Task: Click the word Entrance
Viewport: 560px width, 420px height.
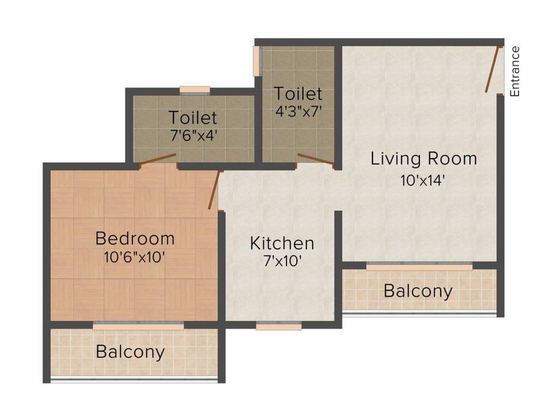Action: click(515, 72)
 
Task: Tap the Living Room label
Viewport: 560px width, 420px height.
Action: click(424, 159)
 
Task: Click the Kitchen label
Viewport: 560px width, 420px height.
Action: click(282, 243)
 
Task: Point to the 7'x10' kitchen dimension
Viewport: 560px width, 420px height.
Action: click(282, 261)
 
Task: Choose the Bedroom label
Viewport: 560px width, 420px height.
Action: click(135, 238)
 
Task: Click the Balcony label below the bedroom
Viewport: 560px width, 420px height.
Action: click(130, 352)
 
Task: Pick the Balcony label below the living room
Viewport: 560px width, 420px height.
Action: click(418, 291)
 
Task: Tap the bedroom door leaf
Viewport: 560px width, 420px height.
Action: click(214, 190)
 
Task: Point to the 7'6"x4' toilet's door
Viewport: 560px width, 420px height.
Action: click(158, 159)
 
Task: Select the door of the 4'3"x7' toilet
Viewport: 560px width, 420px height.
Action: click(316, 159)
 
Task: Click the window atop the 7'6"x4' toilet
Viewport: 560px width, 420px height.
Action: click(195, 90)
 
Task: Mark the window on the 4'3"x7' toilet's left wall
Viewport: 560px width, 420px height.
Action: click(256, 61)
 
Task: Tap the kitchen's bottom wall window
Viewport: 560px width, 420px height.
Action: click(279, 326)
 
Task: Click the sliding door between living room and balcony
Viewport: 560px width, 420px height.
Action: click(419, 266)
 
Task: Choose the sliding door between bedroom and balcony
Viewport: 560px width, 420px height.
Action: click(138, 325)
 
